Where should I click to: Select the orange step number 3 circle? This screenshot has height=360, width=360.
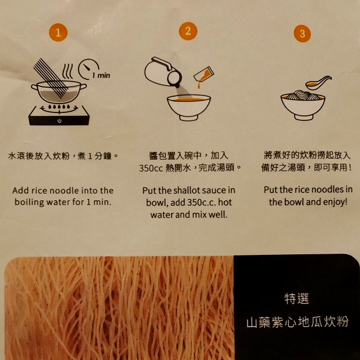[x=303, y=34]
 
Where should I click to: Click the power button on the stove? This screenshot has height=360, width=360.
[x=60, y=120]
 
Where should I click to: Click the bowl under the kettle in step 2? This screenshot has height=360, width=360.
[x=188, y=107]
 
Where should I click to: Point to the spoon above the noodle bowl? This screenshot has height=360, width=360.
[x=318, y=83]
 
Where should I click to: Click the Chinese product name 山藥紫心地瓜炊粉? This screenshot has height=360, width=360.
[x=297, y=323]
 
